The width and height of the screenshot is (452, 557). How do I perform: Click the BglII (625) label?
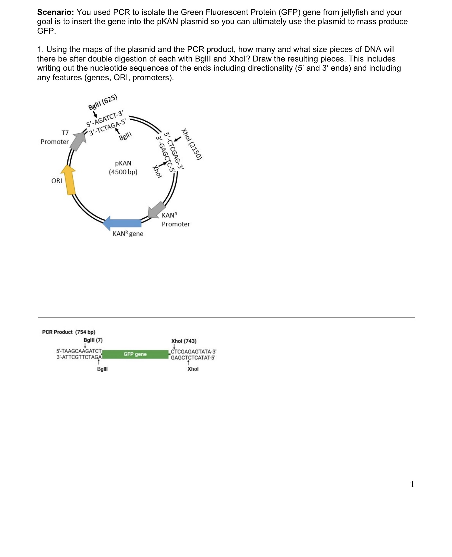pyautogui.click(x=103, y=102)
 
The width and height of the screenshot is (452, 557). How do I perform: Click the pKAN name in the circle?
pyautogui.click(x=123, y=163)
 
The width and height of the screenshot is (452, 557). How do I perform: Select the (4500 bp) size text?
pyautogui.click(x=123, y=172)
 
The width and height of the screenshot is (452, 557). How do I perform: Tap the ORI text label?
pyautogui.click(x=57, y=181)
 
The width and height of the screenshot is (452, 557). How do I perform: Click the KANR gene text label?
pyautogui.click(x=128, y=234)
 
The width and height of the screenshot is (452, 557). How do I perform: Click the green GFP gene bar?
pyautogui.click(x=135, y=354)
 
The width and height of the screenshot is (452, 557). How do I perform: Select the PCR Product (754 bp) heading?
pyautogui.click(x=69, y=332)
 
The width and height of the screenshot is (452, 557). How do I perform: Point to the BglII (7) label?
pyautogui.click(x=93, y=340)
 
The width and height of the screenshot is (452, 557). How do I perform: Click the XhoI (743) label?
pyautogui.click(x=184, y=341)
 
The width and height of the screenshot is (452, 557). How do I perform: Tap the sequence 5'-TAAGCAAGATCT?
pyautogui.click(x=79, y=351)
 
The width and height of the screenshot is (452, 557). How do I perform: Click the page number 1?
pyautogui.click(x=412, y=484)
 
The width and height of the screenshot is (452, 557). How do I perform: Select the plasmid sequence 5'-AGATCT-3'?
pyautogui.click(x=105, y=119)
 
